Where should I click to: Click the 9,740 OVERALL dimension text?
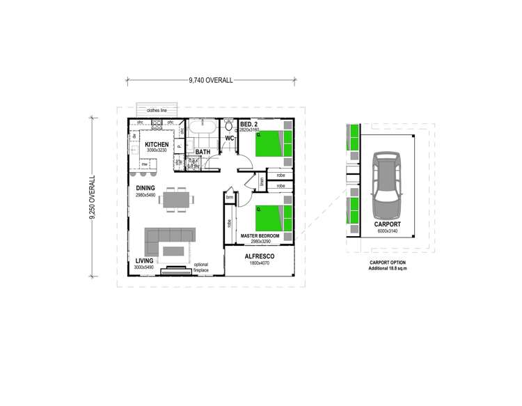pyautogui.click(x=210, y=80)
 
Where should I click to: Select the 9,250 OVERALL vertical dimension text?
pyautogui.click(x=92, y=198)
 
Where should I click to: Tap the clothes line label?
pyautogui.click(x=157, y=110)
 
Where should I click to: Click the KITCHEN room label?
pyautogui.click(x=157, y=144)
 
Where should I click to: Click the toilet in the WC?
pyautogui.click(x=229, y=127)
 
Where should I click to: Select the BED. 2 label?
pyautogui.click(x=248, y=124)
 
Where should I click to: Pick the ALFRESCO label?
pyautogui.click(x=259, y=257)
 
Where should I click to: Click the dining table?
pyautogui.click(x=175, y=199)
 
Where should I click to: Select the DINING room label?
pyautogui.click(x=145, y=189)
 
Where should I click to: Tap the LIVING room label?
pyautogui.click(x=145, y=261)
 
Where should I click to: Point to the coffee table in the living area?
pyautogui.click(x=174, y=251)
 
